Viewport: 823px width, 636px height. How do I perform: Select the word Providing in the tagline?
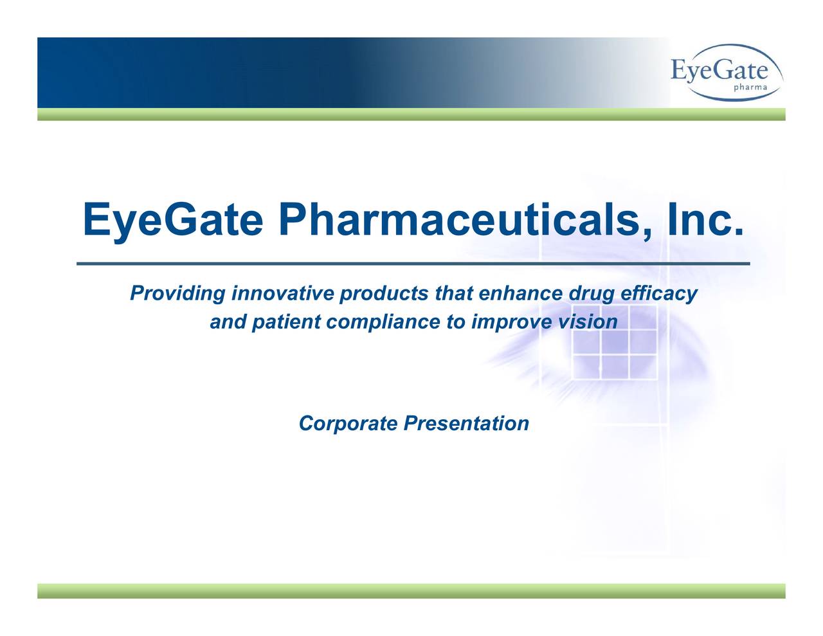coord(177,295)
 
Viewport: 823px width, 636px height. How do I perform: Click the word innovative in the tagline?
coord(282,294)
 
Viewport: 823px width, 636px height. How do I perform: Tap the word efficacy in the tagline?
coord(658,295)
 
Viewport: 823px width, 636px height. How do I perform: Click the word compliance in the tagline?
coord(384,322)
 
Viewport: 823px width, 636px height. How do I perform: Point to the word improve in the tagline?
coord(511,322)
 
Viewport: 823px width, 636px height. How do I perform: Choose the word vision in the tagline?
coord(586,321)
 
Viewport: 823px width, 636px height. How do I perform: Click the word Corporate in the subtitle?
coord(348,424)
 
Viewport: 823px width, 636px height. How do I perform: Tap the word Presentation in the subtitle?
coord(466,423)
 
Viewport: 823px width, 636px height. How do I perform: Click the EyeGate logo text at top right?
coord(718,69)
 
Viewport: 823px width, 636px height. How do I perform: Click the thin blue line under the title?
coord(413,264)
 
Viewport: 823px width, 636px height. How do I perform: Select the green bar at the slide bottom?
coord(411,591)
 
